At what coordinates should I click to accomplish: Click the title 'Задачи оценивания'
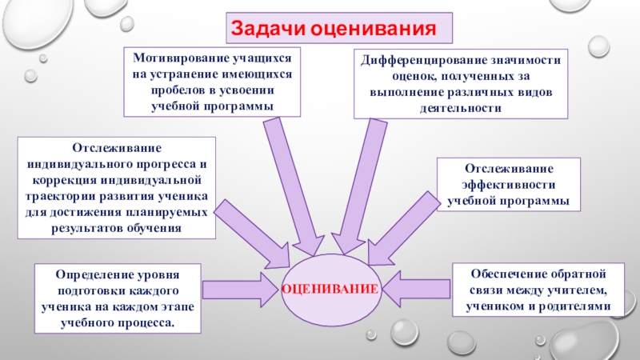click(338, 28)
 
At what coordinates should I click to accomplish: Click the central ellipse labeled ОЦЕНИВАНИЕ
click(330, 286)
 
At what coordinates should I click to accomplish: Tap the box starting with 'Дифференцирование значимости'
click(460, 83)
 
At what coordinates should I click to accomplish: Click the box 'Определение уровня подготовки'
click(117, 298)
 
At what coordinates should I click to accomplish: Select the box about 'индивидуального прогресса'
click(117, 189)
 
